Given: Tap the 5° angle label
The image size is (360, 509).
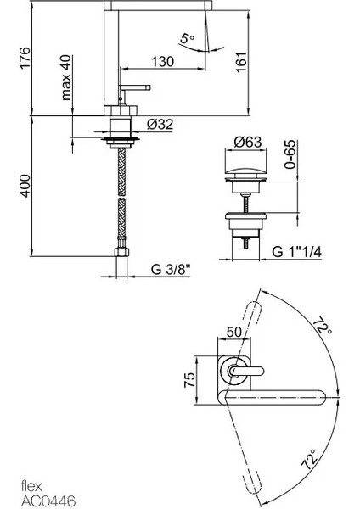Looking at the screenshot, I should click(x=187, y=38).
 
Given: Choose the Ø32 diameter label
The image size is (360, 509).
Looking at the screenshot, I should click(x=161, y=124).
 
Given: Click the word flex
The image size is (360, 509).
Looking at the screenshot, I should click(x=30, y=487).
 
